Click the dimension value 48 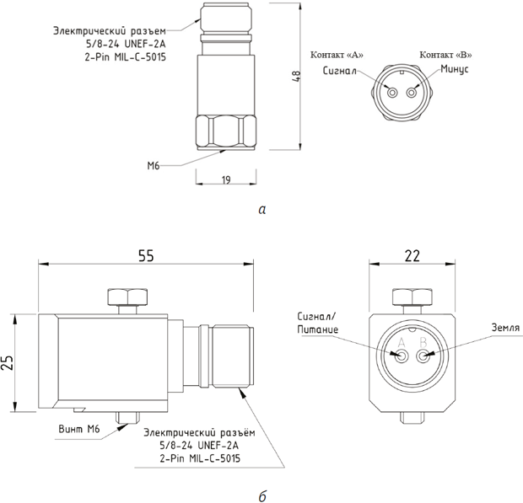297,76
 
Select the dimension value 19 226,179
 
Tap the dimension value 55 146,255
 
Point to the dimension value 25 8,363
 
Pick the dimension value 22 412,256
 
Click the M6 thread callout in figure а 154,165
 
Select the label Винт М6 79,429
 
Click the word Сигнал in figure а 340,71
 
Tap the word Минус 455,69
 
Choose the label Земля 505,328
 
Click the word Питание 317,329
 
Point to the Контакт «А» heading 337,55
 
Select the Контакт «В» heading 445,55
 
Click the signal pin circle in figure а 393,93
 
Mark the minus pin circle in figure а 412,93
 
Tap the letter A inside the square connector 402,342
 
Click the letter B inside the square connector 423,342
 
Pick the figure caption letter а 262,210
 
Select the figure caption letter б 262,496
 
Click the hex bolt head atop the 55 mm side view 127,297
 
